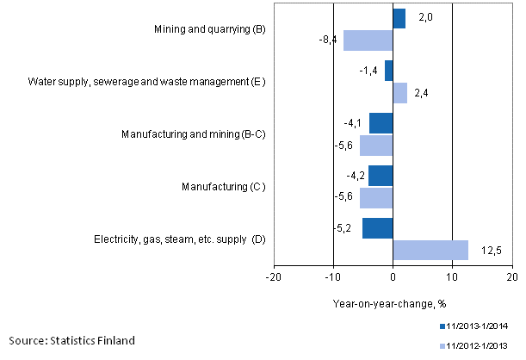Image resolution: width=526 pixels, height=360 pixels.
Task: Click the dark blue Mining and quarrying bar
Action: tap(399, 19)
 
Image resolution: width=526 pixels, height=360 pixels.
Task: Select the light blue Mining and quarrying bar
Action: tap(368, 40)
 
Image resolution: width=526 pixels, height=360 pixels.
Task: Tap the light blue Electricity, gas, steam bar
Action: tap(430, 250)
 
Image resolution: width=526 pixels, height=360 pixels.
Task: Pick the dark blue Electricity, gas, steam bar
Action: tap(377, 228)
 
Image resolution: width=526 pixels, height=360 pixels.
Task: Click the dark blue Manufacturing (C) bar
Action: tap(380, 176)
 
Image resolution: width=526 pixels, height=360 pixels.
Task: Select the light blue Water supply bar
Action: tap(399, 92)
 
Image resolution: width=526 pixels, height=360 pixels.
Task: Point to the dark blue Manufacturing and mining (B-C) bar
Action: tap(381, 123)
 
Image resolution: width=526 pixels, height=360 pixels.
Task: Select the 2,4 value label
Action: tap(420, 93)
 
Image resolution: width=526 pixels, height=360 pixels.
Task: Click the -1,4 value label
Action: tap(369, 71)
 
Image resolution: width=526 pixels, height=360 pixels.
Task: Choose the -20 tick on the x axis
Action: tap(273, 277)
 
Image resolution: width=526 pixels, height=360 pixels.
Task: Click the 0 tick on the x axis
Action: tap(393, 277)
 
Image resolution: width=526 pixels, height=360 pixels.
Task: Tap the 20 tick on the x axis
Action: tap(511, 277)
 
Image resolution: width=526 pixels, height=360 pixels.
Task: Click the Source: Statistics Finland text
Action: tap(71, 341)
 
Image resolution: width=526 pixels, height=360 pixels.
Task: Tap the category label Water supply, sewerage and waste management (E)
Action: tap(146, 82)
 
